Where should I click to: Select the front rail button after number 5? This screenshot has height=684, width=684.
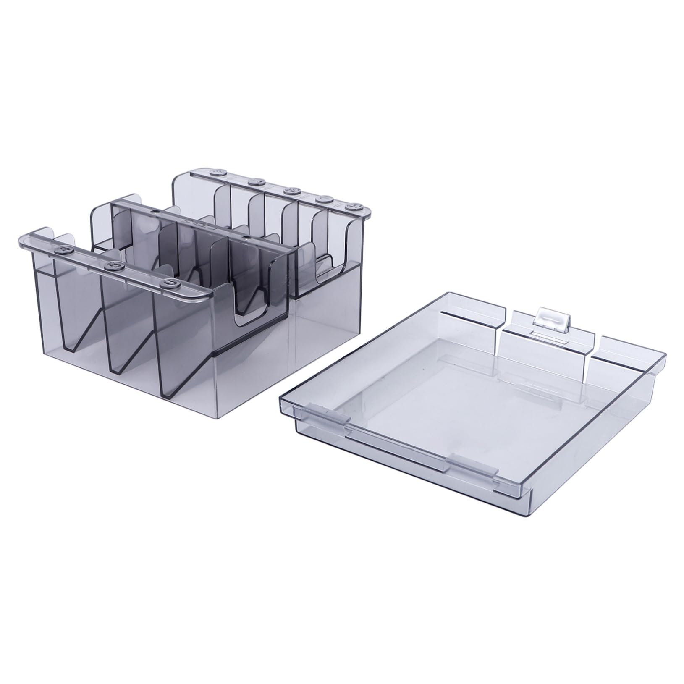[x=170, y=283]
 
